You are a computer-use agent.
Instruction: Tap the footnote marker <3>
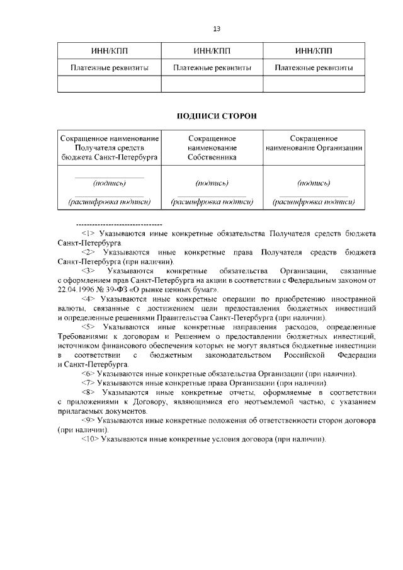[x=89, y=271]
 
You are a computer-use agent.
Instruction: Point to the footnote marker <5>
[x=89, y=327]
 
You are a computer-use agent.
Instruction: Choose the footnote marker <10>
[x=90, y=439]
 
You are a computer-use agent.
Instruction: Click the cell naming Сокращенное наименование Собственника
[x=212, y=147]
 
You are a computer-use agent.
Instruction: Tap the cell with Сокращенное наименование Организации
[x=314, y=143]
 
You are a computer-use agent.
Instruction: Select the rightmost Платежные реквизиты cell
[x=314, y=67]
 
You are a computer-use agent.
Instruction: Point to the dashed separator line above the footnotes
[x=118, y=224]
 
